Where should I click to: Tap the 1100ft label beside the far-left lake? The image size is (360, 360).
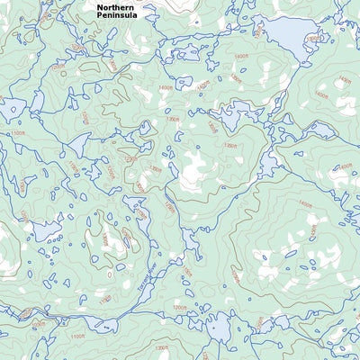(18, 134)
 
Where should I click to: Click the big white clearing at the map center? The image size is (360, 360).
(193, 171)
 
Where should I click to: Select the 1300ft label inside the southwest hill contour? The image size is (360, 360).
(105, 238)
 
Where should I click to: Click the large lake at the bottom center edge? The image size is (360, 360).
(216, 328)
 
